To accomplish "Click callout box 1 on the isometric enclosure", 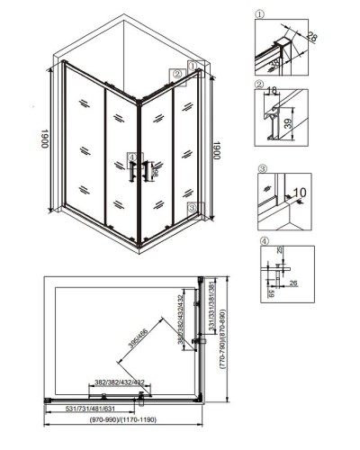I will coord(193,65).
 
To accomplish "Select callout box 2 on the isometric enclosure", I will coord(178,74).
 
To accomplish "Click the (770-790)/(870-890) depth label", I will coord(233,334).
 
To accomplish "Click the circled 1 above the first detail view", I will coord(261,13).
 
